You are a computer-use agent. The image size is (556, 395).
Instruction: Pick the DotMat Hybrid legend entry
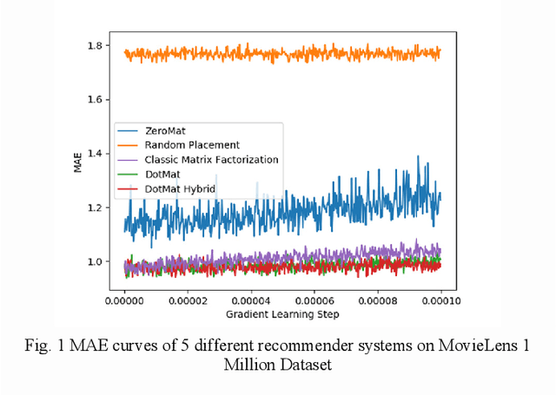pyautogui.click(x=192, y=188)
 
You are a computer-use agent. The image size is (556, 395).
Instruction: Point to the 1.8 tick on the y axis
pyautogui.click(x=97, y=45)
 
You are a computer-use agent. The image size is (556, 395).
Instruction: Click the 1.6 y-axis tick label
pyautogui.click(x=97, y=100)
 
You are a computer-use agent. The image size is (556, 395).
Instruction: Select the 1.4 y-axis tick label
pyautogui.click(x=97, y=154)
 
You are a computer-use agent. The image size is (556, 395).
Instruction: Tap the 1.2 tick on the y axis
pyautogui.click(x=97, y=207)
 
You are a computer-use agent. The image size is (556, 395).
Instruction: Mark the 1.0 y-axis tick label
pyautogui.click(x=97, y=261)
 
